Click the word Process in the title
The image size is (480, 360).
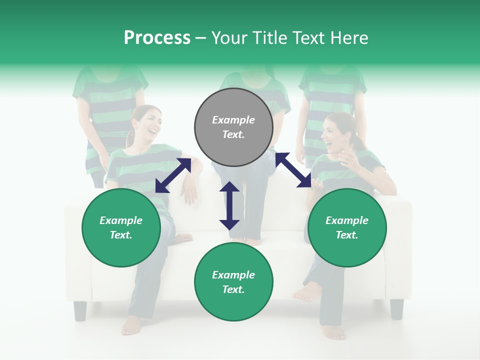click(157, 37)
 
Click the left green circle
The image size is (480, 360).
click(121, 227)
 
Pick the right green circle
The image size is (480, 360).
click(347, 227)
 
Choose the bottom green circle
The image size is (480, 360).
click(233, 282)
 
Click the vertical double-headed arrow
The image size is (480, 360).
click(229, 205)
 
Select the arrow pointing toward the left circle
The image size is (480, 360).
click(173, 175)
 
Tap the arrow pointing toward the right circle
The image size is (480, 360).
click(293, 170)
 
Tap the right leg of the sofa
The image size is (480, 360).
click(396, 308)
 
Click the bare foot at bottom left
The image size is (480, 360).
click(131, 325)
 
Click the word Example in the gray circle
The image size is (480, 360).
click(233, 120)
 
